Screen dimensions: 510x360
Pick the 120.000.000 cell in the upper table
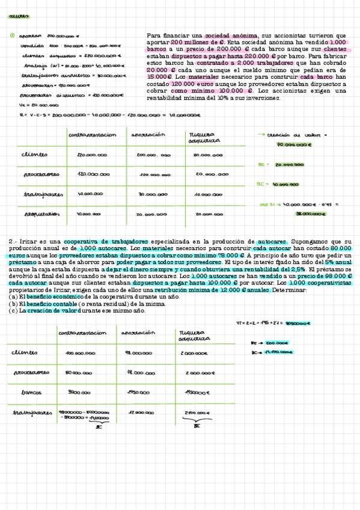coord(93,174)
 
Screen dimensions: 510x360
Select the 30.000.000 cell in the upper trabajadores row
coord(153,195)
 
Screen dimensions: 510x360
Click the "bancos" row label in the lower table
coord(29,392)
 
